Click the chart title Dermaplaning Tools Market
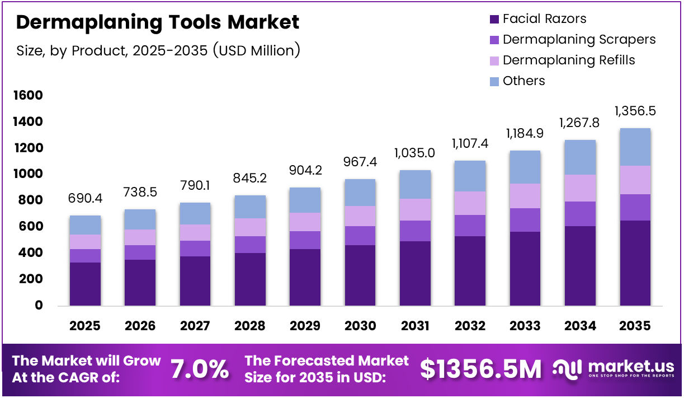coord(158,22)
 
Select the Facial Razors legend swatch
coord(494,19)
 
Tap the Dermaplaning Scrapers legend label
coord(579,40)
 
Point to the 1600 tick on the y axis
coord(27,96)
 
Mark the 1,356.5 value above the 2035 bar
coord(635,111)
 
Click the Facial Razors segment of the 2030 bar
coord(360,275)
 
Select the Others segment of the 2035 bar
coord(635,147)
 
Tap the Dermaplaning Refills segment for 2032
coord(470,203)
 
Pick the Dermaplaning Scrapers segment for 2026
coord(140,252)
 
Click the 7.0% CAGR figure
coord(200,369)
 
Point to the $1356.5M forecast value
coord(480,369)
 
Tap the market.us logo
coord(614,368)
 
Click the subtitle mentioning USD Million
coord(158,51)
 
